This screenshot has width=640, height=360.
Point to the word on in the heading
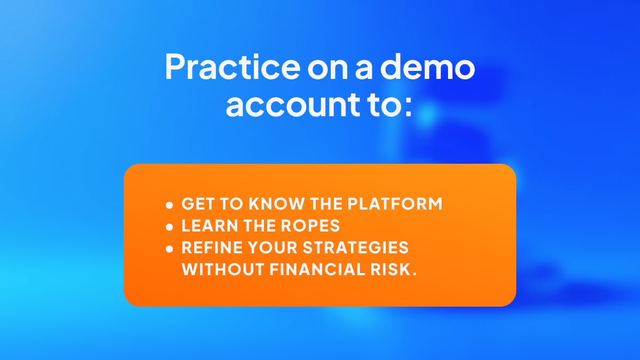(x=329, y=68)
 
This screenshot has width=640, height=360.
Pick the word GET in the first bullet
(x=197, y=204)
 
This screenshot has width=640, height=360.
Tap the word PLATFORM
(x=395, y=204)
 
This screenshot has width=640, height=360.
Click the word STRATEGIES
(x=356, y=248)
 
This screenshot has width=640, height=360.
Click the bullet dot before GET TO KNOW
(x=170, y=205)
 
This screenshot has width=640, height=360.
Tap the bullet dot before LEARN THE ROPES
(x=170, y=227)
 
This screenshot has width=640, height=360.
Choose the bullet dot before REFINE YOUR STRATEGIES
(x=170, y=249)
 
